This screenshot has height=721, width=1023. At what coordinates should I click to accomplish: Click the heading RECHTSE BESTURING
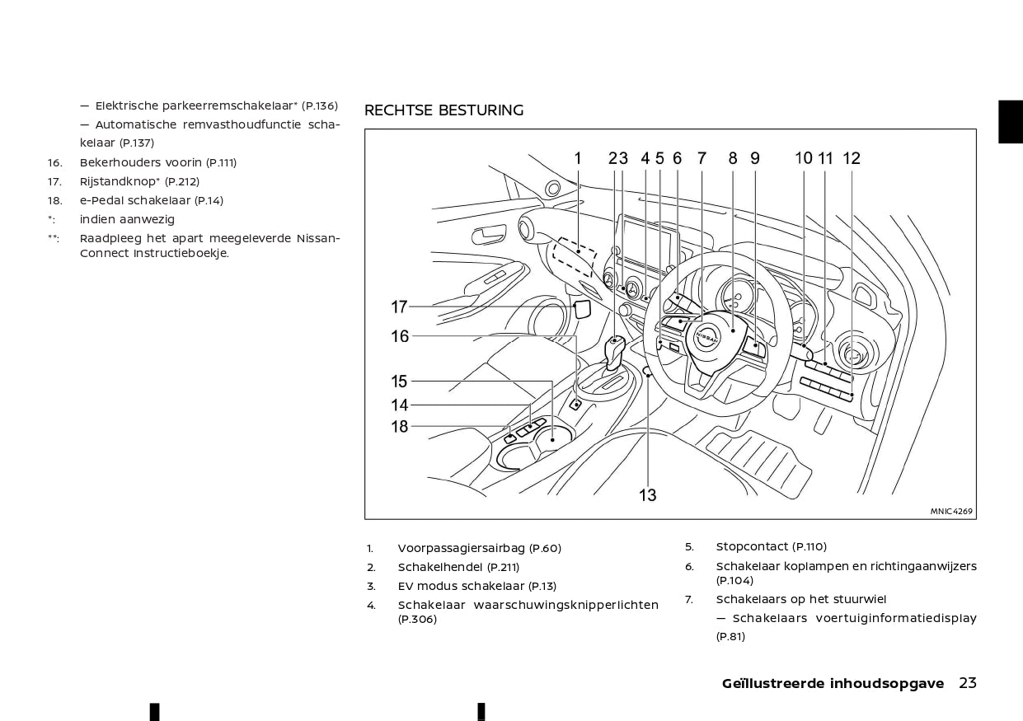[443, 110]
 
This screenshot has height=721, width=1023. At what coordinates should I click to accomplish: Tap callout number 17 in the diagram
[399, 307]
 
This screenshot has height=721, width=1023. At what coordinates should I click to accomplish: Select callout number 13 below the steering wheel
[648, 494]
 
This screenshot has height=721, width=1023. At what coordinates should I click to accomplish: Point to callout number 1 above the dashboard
[578, 158]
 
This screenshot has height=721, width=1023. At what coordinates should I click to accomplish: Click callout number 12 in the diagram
[852, 158]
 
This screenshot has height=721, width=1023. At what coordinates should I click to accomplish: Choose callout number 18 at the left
[399, 426]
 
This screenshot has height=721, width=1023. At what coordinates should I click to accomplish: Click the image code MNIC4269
[951, 511]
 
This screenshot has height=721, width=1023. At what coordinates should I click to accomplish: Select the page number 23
[968, 683]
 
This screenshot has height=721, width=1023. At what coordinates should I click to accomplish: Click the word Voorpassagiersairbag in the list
[462, 548]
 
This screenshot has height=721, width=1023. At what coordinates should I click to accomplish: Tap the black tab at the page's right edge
[1011, 122]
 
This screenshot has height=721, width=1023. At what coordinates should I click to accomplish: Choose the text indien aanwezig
[127, 219]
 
